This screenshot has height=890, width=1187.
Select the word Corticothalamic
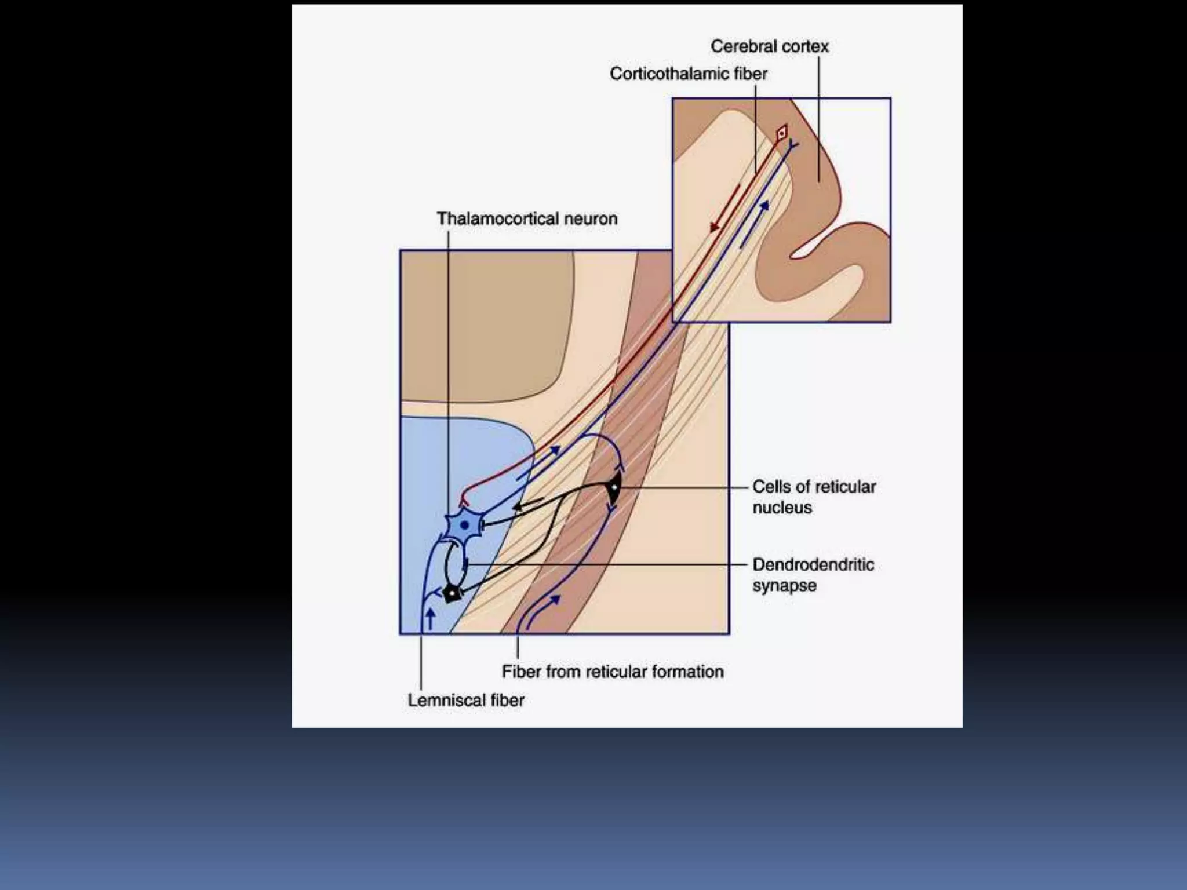point(666,74)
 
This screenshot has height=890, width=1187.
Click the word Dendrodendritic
point(813,565)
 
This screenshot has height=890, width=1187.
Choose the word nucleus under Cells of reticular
point(782,508)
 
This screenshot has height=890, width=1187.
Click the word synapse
point(784,586)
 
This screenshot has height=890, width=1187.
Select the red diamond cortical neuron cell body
point(781,133)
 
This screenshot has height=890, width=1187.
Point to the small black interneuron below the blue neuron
point(451,593)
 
